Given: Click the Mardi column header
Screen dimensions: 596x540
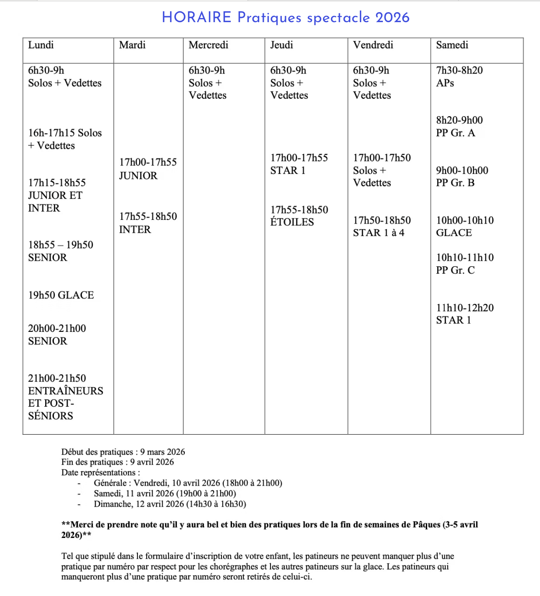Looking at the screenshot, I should pos(132,45).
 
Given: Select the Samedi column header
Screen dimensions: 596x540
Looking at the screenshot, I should pos(452,45).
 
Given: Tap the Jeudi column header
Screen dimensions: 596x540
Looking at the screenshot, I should pos(281,45).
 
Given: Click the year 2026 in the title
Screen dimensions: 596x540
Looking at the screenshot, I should pos(392,18).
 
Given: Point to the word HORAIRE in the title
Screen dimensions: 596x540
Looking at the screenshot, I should pos(196,18).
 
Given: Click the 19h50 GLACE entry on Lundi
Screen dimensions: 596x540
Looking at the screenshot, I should pos(61,295).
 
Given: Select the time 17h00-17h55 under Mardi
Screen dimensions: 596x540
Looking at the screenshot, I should pos(148,162).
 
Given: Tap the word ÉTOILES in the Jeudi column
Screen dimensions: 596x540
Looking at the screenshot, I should pos(292,222).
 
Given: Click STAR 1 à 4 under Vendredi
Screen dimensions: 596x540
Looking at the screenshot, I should pos(379,233).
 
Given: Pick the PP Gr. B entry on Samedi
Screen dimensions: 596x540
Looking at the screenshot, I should pos(455,183).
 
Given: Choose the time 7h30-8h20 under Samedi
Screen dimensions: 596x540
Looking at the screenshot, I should pos(459,70).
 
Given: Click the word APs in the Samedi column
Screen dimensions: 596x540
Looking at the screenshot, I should pos(445,83).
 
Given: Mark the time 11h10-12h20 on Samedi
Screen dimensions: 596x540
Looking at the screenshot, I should pos(465,308).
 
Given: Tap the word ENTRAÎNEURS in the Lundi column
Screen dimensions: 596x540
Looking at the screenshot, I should pos(66,391).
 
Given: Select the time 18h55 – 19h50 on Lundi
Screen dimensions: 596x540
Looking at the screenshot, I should pos(61,245).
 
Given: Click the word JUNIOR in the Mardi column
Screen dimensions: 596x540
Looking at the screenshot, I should pos(138,176).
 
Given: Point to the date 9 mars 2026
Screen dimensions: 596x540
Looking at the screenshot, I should pos(163,452).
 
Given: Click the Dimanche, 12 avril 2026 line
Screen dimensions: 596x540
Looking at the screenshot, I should pos(170,504).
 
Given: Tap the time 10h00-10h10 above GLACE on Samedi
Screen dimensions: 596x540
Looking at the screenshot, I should pos(465,220).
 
